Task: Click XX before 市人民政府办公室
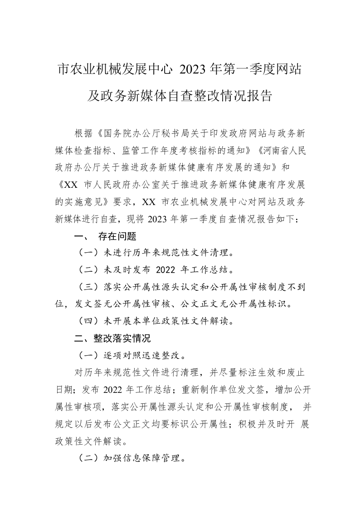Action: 71,184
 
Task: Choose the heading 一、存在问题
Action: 105,236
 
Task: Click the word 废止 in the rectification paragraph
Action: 294,372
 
